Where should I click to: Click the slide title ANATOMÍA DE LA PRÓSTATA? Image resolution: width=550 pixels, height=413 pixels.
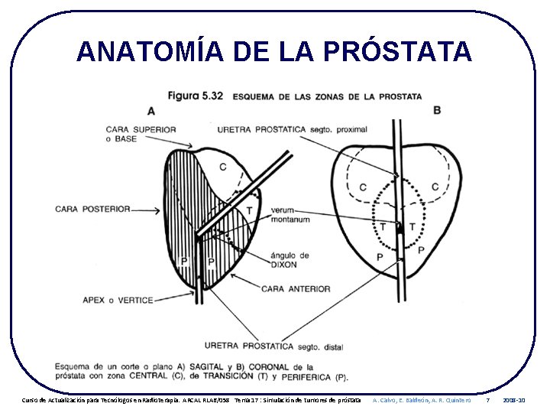pyautogui.click(x=273, y=51)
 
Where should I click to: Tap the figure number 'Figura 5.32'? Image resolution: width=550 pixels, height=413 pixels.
pyautogui.click(x=195, y=96)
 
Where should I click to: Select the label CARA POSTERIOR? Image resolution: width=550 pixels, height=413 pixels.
pyautogui.click(x=93, y=209)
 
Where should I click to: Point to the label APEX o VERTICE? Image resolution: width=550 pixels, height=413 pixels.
pyautogui.click(x=118, y=300)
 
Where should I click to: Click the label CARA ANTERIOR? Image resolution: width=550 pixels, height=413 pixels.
pyautogui.click(x=296, y=289)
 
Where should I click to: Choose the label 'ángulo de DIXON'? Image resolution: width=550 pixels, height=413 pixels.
pyautogui.click(x=290, y=260)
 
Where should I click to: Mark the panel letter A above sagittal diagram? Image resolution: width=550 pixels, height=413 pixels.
pyautogui.click(x=151, y=111)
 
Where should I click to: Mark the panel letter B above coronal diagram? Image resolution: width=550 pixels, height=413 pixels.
pyautogui.click(x=437, y=110)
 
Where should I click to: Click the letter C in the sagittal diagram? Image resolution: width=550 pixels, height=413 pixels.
pyautogui.click(x=222, y=167)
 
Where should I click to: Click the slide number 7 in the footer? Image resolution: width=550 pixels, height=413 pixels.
pyautogui.click(x=488, y=400)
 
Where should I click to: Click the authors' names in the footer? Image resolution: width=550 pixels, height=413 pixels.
pyautogui.click(x=421, y=400)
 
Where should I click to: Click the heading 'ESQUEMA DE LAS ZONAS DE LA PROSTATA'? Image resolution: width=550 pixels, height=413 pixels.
pyautogui.click(x=327, y=96)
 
